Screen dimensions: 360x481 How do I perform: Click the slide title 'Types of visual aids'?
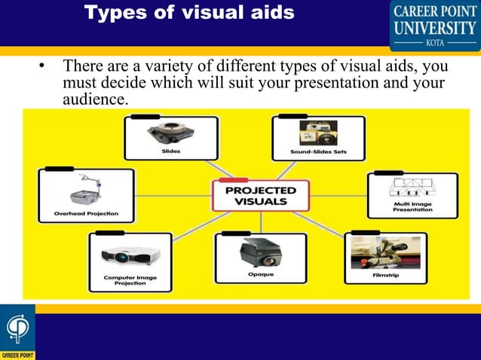coord(188,14)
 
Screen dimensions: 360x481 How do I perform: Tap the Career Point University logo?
coord(434,24)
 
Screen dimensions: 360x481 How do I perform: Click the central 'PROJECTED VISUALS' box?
coord(261,195)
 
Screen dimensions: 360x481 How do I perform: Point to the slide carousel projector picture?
coord(170,133)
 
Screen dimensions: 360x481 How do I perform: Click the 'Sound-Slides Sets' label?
coord(318,151)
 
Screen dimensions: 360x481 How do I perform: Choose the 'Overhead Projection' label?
coord(86,214)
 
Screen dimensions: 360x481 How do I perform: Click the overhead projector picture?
coord(86,191)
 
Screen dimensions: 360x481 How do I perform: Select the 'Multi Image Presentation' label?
coord(412,206)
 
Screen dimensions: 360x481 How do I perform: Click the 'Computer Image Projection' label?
coord(130,280)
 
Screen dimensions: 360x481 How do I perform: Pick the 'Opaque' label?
coord(261,274)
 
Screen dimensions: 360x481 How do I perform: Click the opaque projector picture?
coord(261,252)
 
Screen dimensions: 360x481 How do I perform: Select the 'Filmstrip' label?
coord(385,276)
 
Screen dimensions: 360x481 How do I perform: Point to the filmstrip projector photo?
coord(385,253)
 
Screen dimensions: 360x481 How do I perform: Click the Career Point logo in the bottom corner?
coord(17,332)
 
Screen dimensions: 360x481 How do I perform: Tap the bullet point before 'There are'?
coord(43,68)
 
